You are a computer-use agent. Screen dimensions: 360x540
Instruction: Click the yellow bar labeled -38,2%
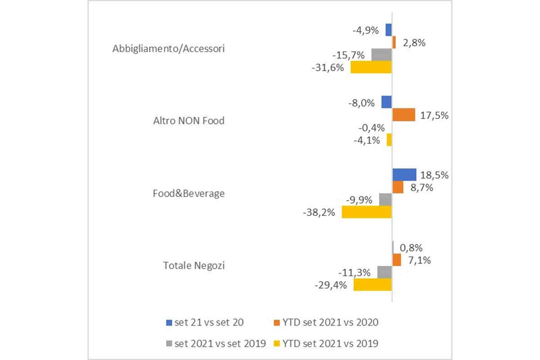[367, 212]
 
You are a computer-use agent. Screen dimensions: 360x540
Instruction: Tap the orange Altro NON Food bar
[403, 115]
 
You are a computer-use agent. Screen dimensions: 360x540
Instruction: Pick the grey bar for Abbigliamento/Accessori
[382, 55]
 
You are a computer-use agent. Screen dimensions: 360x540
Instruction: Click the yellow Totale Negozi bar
[373, 284]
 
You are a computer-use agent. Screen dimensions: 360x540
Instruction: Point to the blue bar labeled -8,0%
[387, 102]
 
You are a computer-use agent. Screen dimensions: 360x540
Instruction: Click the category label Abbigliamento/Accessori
[168, 49]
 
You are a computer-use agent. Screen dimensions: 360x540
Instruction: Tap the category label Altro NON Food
[189, 121]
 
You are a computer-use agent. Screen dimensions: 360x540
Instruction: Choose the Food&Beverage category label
[189, 193]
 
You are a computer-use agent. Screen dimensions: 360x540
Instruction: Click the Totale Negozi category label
[194, 265]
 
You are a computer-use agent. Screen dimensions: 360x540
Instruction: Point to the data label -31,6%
[327, 68]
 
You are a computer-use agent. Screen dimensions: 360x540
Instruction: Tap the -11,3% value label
[355, 272]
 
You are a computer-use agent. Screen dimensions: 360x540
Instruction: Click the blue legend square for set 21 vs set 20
[169, 322]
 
